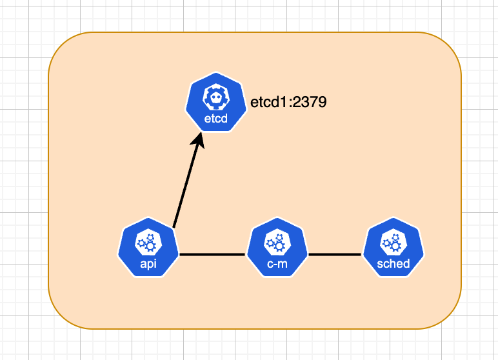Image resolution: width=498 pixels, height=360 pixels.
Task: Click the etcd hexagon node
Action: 216,102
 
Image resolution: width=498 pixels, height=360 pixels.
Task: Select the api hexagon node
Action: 148,247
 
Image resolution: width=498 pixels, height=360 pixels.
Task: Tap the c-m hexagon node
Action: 277,247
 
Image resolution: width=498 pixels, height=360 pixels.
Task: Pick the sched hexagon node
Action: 393,247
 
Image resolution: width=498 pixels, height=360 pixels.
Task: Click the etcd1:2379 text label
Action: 288,103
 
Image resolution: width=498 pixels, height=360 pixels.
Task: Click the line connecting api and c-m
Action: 212,254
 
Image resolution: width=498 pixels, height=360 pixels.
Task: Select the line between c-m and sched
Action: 335,254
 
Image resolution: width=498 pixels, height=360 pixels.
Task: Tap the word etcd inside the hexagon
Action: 216,119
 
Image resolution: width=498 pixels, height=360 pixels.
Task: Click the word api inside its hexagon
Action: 148,264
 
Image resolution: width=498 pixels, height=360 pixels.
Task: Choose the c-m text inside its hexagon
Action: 277,264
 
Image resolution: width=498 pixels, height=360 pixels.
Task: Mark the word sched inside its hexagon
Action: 393,264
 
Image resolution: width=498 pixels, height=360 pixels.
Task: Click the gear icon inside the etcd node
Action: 216,97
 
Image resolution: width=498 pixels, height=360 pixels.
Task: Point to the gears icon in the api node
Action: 148,243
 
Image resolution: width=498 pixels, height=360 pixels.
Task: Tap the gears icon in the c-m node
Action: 277,243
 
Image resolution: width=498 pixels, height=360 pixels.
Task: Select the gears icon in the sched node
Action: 393,243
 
